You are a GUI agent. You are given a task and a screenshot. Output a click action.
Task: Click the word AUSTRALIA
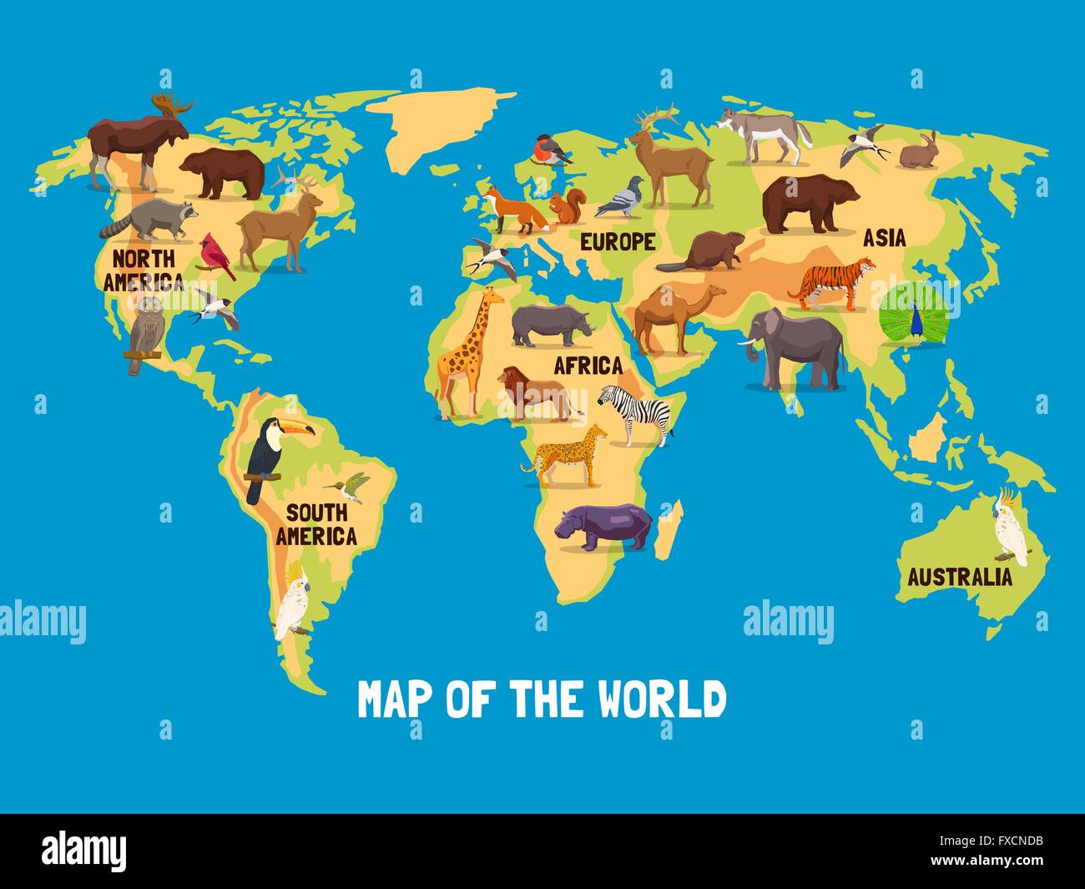click(x=959, y=577)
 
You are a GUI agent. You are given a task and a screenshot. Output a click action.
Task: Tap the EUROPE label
click(x=618, y=242)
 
